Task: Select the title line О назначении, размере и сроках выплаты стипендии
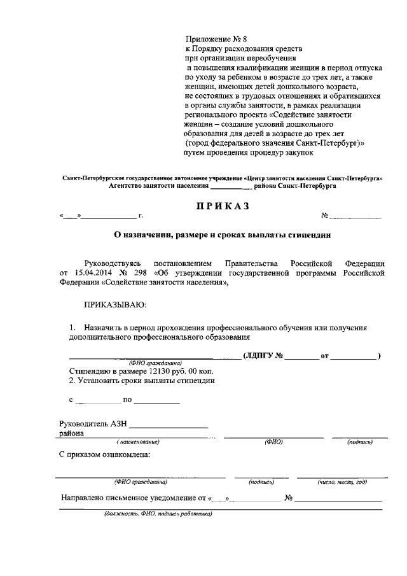(x=222, y=234)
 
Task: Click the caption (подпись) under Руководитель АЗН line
(x=360, y=442)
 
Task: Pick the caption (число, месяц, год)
(x=343, y=482)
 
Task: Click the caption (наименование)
(x=138, y=442)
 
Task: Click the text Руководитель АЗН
(x=92, y=424)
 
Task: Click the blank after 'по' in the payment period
(x=156, y=401)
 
